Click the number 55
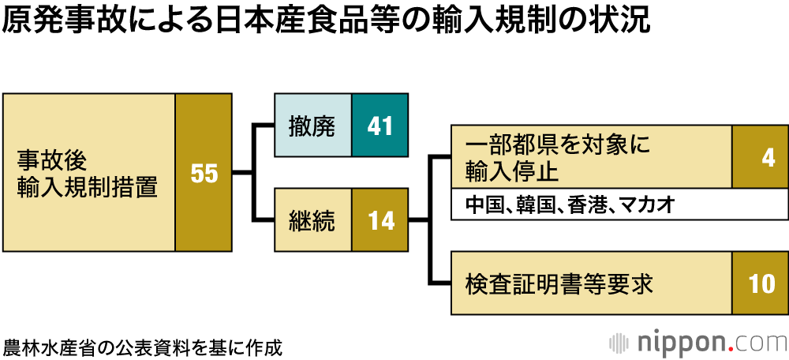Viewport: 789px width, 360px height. click(x=204, y=173)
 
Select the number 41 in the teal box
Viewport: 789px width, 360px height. click(x=380, y=126)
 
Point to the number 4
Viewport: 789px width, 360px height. click(x=760, y=157)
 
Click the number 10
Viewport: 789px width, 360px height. click(x=761, y=283)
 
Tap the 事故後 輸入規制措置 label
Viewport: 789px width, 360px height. click(x=87, y=173)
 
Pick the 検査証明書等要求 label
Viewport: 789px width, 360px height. click(x=559, y=283)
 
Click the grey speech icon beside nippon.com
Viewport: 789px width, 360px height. click(x=619, y=343)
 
